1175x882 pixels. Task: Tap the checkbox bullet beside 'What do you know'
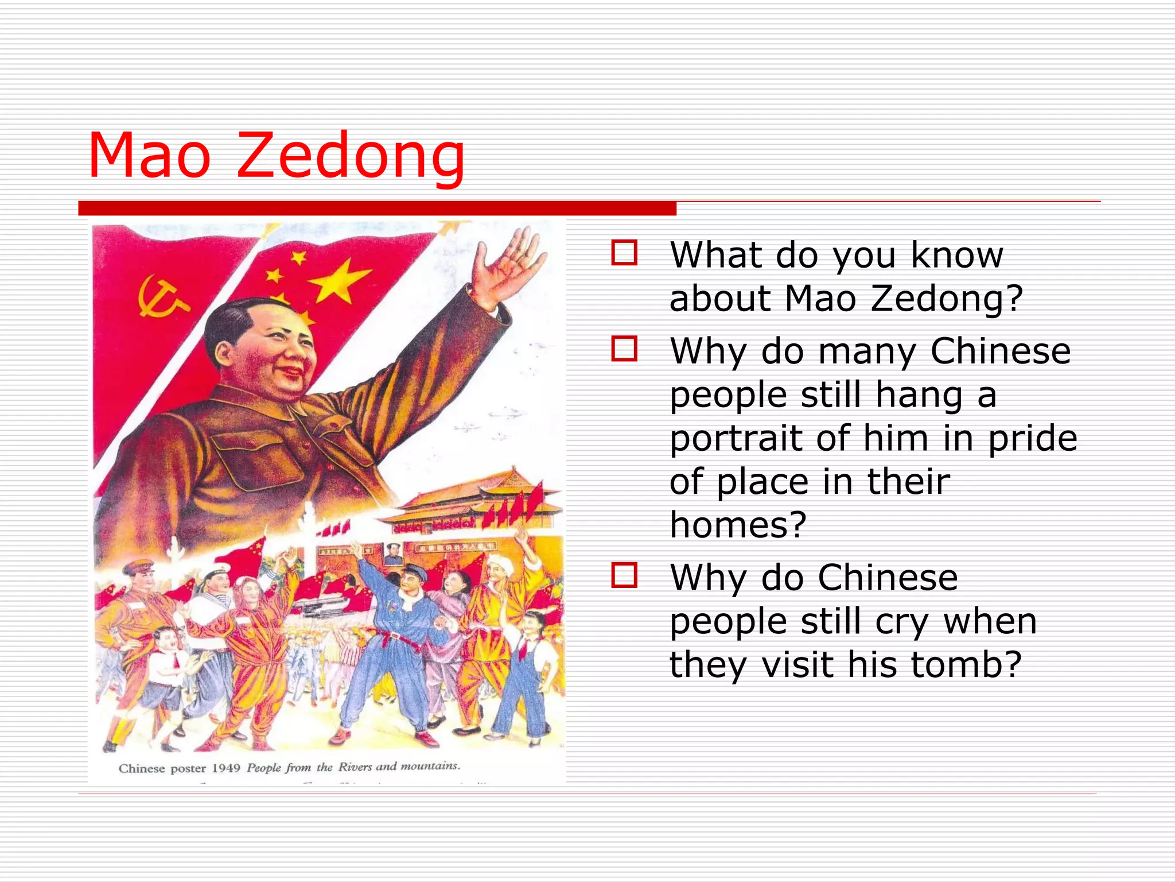tap(624, 253)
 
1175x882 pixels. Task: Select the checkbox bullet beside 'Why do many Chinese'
tap(624, 349)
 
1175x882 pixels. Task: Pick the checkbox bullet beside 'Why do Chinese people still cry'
tap(624, 575)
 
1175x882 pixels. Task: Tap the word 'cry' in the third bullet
tap(901, 622)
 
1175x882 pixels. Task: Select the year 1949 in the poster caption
tap(226, 768)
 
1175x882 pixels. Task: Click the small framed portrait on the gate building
tap(393, 553)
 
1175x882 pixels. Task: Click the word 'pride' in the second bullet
tap(1033, 439)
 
